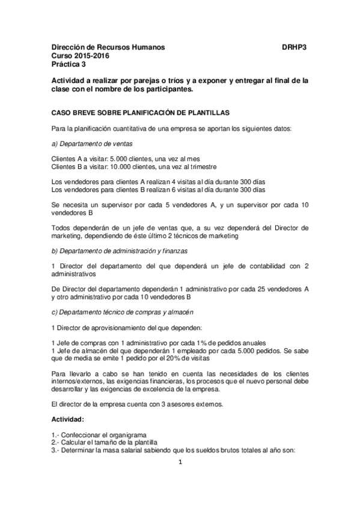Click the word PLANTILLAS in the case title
201,112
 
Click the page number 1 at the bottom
180,462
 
